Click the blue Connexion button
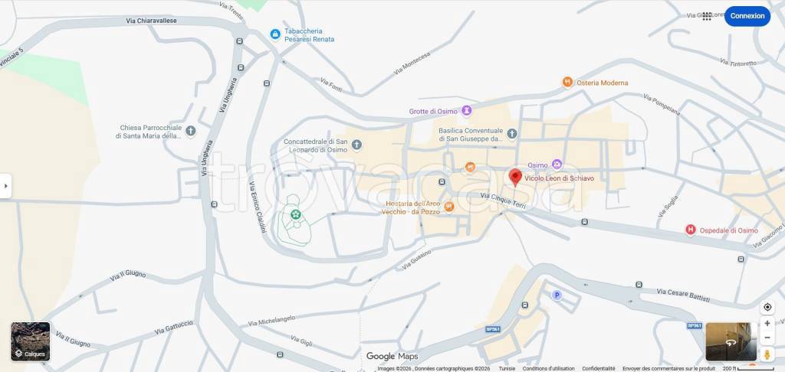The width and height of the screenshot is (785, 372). pos(747,16)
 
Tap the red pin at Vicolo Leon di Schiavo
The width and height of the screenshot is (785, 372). pos(516,178)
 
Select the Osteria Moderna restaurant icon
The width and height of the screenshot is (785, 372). pos(567,82)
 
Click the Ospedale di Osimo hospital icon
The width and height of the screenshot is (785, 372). pos(690,230)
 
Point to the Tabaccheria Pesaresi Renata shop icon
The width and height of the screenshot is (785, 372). pos(274,34)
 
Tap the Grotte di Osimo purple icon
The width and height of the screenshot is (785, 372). pos(466,111)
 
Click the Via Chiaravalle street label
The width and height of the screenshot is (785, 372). pos(152,21)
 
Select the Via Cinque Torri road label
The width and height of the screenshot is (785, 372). pos(504,201)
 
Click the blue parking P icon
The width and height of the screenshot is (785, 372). pos(557,295)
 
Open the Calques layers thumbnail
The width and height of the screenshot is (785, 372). pos(30,341)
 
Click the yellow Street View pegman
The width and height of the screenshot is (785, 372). pos(767,354)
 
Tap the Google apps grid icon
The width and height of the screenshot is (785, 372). pos(707,16)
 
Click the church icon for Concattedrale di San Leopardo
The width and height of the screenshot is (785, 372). pos(356,145)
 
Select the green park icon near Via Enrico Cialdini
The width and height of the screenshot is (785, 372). pos(294,215)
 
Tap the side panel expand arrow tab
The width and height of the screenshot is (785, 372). pos(5,186)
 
